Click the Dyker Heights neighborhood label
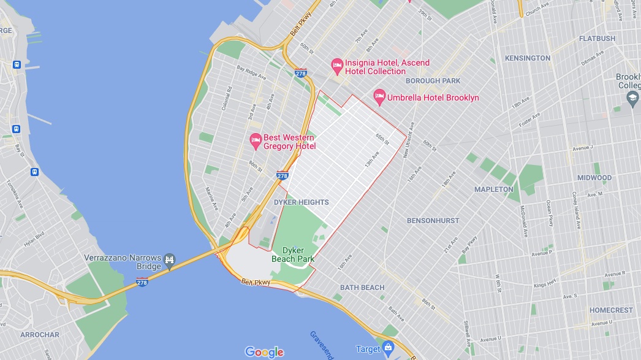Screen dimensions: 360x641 [x=302, y=202]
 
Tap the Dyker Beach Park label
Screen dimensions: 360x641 [x=293, y=255]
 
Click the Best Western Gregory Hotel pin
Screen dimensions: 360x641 [x=256, y=141]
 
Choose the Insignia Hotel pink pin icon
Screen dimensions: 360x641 [x=336, y=65]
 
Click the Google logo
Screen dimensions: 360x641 [x=264, y=352]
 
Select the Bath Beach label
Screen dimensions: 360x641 [x=362, y=287]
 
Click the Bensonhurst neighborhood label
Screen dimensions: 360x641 [x=433, y=220]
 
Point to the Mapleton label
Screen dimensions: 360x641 [x=493, y=190]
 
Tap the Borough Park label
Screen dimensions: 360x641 [x=433, y=81]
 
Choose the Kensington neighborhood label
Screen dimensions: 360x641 [x=527, y=58]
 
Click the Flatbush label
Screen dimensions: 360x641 [x=597, y=39]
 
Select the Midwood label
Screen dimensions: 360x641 [x=594, y=178]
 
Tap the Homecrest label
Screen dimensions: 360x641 [x=610, y=310]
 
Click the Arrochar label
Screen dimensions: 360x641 [x=40, y=335]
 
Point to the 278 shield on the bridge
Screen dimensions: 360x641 [x=142, y=281]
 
